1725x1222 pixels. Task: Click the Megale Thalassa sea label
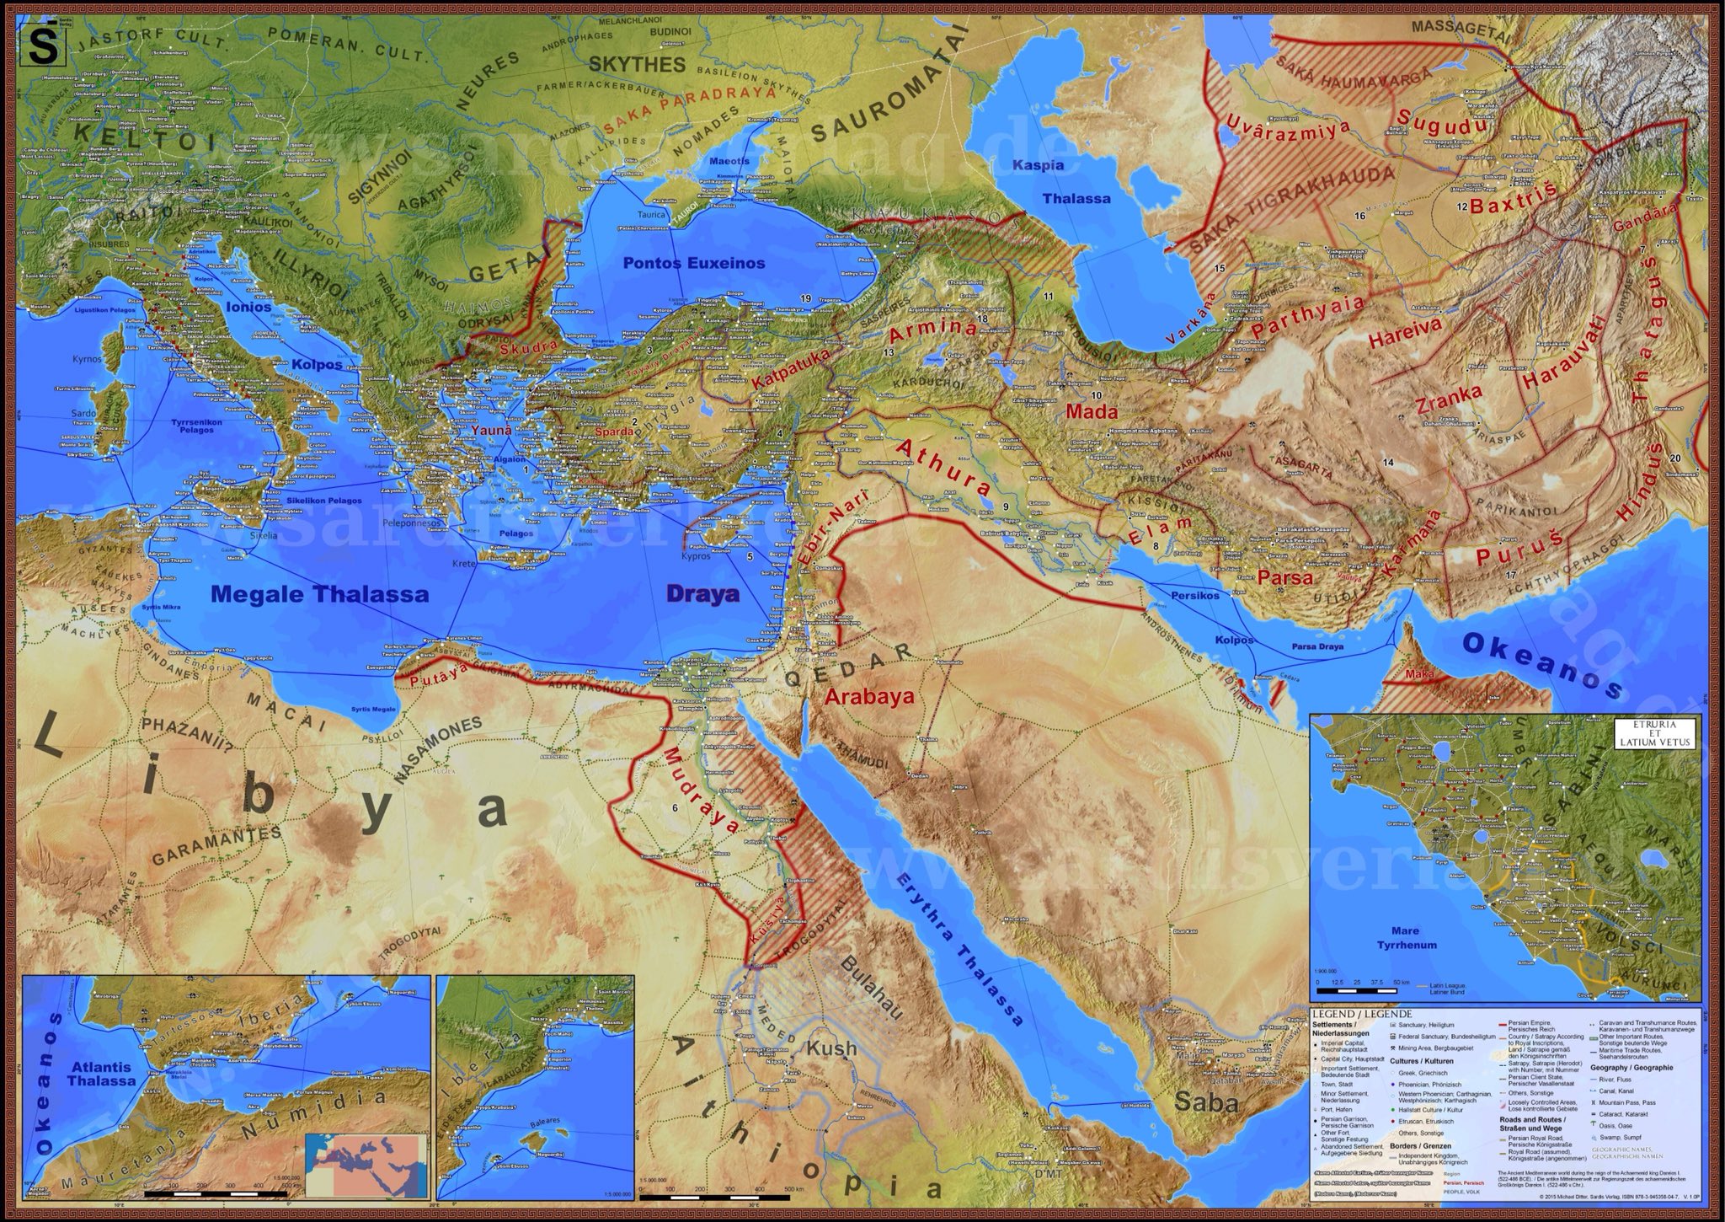pyautogui.click(x=320, y=594)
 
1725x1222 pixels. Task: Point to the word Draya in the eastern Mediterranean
pyautogui.click(x=702, y=594)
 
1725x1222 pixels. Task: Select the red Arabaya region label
pyautogui.click(x=869, y=697)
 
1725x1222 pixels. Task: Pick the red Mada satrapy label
pyautogui.click(x=1091, y=412)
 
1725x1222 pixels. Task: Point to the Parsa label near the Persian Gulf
pyautogui.click(x=1285, y=578)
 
